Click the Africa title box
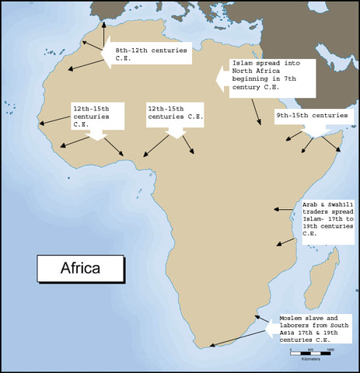pyautogui.click(x=80, y=270)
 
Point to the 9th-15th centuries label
pyautogui.click(x=311, y=117)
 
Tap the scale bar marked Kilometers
pyautogui.click(x=311, y=351)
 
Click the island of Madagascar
pyautogui.click(x=318, y=284)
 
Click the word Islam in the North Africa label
pyautogui.click(x=241, y=63)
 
